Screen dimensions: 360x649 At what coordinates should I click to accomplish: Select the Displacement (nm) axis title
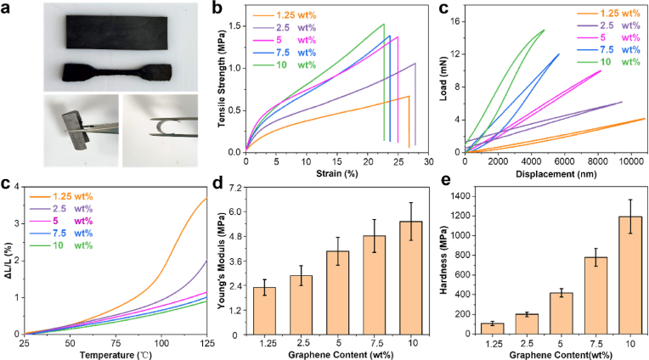554,172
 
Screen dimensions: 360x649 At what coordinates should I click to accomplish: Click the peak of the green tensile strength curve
383,25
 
